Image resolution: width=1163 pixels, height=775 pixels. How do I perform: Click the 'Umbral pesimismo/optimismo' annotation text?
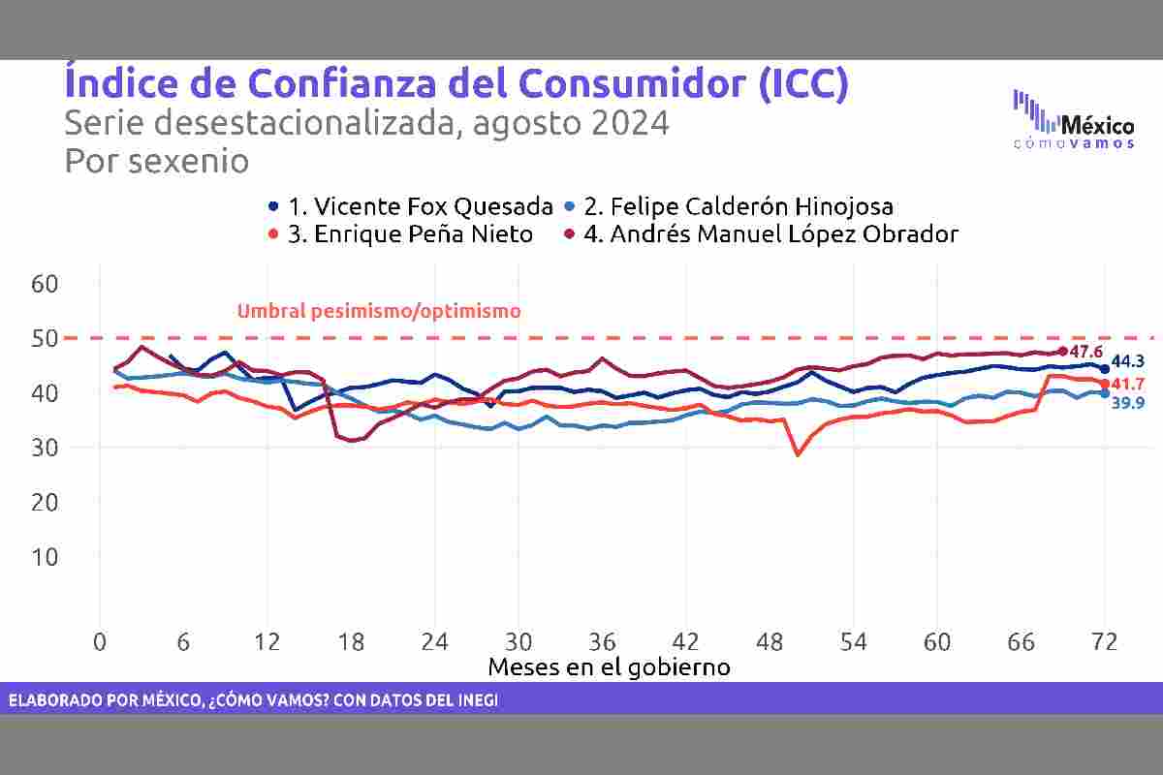[x=379, y=311]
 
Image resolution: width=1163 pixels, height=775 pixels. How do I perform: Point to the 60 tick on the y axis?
[x=47, y=284]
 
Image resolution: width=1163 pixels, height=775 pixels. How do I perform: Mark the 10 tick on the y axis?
[x=47, y=557]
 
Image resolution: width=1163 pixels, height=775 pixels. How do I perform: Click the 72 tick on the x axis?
[x=1104, y=642]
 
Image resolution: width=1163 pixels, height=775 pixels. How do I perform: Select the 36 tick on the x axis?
[x=602, y=642]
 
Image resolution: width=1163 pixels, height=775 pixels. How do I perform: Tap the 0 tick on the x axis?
[x=100, y=642]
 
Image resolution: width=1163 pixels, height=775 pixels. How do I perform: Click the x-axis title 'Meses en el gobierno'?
[x=609, y=666]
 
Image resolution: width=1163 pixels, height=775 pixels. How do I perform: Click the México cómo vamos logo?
[x=1073, y=120]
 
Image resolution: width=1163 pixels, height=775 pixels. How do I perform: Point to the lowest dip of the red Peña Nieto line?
[x=798, y=454]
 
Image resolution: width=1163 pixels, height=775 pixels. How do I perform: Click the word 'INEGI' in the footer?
[x=474, y=699]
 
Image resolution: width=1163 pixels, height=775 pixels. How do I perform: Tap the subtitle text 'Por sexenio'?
[x=156, y=161]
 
